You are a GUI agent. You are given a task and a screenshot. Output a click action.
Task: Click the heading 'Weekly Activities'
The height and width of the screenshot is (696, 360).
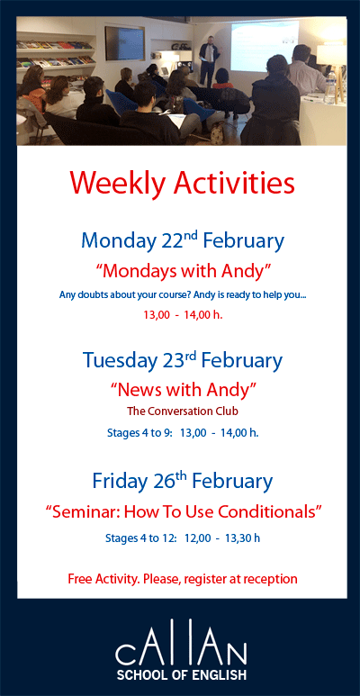(182, 183)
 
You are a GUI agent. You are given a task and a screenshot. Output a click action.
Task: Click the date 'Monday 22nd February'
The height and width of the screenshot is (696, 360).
(182, 241)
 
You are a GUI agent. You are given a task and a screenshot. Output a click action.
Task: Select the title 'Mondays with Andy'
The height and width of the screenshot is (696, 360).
(183, 270)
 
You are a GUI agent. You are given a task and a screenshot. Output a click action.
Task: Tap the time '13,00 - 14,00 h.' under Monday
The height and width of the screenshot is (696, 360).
(183, 316)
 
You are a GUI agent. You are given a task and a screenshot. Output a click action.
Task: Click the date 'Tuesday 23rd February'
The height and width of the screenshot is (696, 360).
(182, 361)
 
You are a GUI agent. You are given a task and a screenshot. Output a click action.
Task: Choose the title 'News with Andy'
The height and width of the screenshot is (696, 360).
(183, 390)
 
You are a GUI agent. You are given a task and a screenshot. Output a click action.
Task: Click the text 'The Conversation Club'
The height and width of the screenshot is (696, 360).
(183, 411)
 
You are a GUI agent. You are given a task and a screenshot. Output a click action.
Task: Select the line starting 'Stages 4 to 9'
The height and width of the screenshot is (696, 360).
(183, 432)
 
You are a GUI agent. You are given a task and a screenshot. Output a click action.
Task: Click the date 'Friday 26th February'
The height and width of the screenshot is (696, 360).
(182, 481)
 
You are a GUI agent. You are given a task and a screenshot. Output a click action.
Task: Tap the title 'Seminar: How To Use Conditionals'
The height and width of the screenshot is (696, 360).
(183, 511)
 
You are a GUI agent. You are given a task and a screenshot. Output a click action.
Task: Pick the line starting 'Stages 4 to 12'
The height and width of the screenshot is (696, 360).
(183, 538)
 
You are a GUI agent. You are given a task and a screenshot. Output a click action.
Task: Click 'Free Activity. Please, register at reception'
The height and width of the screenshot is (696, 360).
(183, 578)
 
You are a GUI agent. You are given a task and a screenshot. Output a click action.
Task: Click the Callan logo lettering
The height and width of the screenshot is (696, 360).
(181, 649)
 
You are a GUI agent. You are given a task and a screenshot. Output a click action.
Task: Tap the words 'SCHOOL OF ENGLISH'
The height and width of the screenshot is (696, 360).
(181, 674)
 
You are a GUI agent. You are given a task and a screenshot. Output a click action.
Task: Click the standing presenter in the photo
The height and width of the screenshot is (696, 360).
(209, 59)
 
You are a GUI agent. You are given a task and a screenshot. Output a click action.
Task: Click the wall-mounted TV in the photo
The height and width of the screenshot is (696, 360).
(124, 42)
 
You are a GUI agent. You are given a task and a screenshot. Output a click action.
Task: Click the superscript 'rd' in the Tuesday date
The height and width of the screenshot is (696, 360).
(190, 354)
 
